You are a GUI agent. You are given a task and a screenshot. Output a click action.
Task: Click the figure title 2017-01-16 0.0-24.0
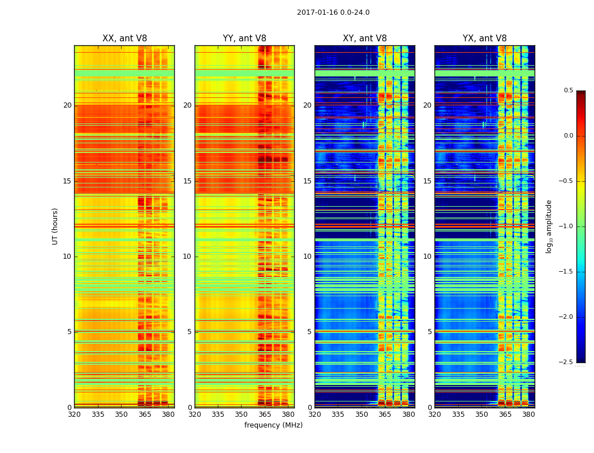tap(333, 12)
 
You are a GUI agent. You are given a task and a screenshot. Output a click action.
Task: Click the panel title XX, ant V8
tap(124, 39)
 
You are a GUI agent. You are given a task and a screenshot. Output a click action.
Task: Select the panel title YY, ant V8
tap(244, 39)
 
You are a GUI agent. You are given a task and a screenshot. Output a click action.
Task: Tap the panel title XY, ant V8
tap(365, 39)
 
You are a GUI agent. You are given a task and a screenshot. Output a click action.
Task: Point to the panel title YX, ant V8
tap(485, 39)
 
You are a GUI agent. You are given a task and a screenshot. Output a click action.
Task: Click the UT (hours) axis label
tap(55, 226)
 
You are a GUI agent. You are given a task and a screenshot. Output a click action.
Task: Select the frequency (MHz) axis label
tap(273, 425)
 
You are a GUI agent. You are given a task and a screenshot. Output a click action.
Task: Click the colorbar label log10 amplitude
tap(549, 226)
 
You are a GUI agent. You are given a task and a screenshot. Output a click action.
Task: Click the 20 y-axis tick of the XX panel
tap(67, 105)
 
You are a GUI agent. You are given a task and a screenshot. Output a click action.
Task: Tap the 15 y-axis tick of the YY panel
tap(187, 181)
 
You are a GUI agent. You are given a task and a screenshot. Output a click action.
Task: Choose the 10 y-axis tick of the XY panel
tap(307, 257)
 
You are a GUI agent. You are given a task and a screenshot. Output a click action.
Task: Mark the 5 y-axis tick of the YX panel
tap(429, 332)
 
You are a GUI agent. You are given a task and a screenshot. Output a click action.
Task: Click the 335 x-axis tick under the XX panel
tap(98, 414)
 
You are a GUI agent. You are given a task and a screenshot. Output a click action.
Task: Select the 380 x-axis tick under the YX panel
tap(528, 414)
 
